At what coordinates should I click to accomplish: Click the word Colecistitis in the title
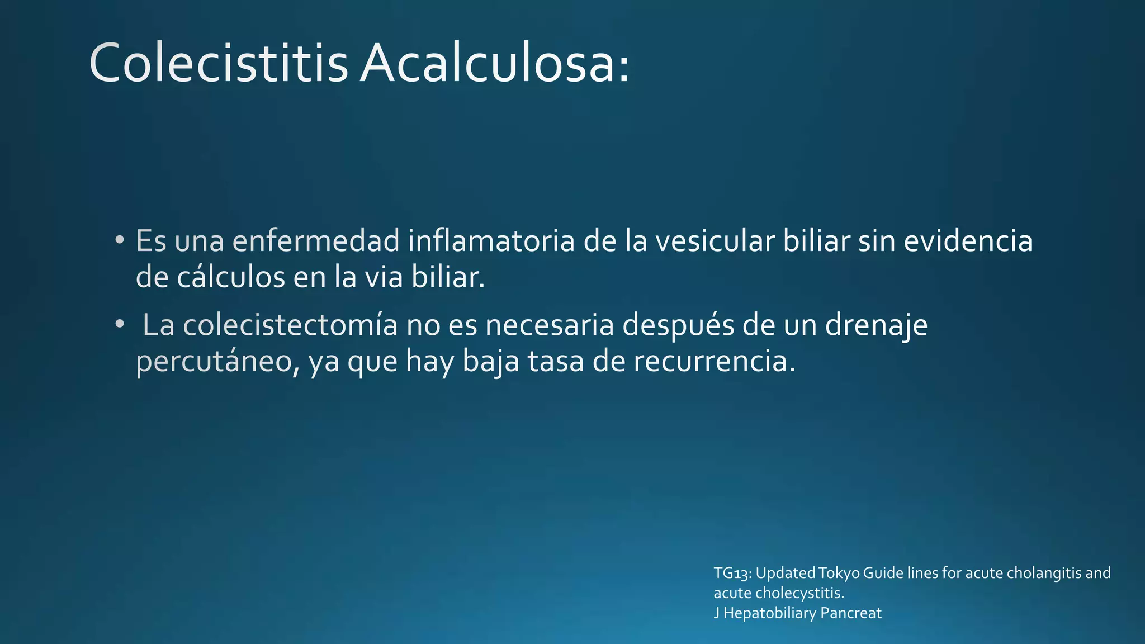[x=218, y=63]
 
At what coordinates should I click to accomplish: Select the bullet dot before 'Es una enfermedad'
[x=119, y=241]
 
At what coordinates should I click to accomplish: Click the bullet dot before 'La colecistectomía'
[x=119, y=324]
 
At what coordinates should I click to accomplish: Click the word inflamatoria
[x=491, y=241]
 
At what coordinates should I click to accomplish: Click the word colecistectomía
[x=290, y=325]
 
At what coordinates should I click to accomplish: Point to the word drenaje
[x=876, y=325]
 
